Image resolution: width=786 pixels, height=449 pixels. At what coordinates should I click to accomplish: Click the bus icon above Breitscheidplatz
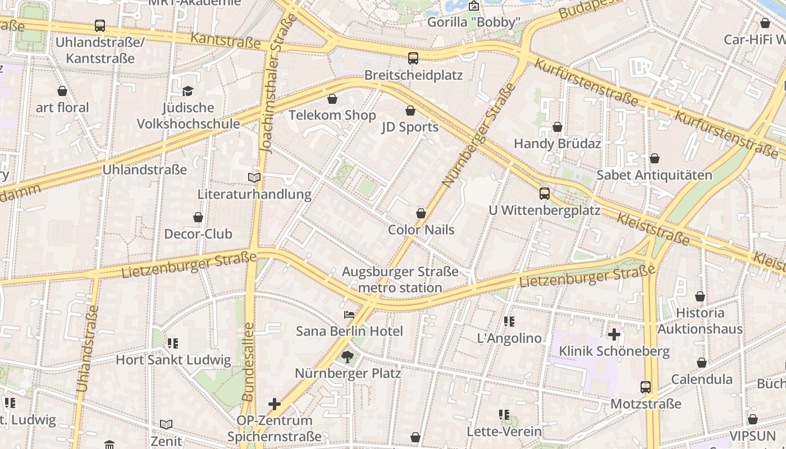point(413,58)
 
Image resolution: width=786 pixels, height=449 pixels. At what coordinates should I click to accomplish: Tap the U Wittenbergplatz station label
point(544,210)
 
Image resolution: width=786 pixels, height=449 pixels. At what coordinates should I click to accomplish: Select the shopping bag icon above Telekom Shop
point(332,99)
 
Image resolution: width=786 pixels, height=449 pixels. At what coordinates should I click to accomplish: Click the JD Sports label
point(410,127)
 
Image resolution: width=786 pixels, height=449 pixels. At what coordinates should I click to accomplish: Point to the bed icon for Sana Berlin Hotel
point(349,315)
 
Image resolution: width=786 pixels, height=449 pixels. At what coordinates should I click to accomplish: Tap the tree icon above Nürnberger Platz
point(348,356)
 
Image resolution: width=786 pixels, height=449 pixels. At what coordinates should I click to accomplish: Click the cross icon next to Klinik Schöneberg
point(614,335)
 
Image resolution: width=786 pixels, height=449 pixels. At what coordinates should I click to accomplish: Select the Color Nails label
point(421,230)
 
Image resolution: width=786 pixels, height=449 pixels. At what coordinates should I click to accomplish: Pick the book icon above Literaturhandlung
point(254,178)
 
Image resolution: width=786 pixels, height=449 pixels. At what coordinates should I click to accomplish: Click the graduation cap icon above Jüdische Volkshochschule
point(188,91)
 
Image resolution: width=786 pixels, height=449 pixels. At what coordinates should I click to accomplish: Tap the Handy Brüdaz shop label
point(557,144)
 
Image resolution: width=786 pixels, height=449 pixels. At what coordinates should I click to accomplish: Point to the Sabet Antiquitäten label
point(654,175)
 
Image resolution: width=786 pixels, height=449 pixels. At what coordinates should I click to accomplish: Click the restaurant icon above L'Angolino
point(509,322)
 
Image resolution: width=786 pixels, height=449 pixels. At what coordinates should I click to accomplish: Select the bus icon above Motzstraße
point(646,387)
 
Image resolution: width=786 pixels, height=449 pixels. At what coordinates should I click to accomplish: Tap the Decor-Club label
point(198,234)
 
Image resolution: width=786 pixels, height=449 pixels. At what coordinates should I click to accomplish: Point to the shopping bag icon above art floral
point(62,91)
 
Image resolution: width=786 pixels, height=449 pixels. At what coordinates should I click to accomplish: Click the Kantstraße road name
point(226,40)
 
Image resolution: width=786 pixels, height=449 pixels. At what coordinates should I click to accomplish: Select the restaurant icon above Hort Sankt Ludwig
point(173,343)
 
